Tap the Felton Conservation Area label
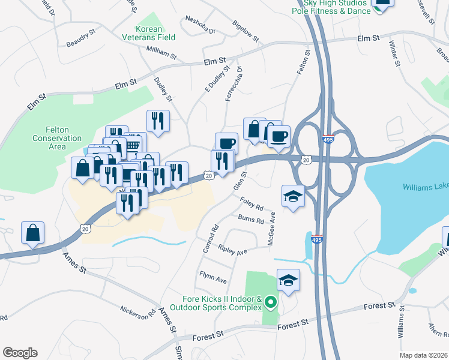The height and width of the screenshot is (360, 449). click(x=57, y=138)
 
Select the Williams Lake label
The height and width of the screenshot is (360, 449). click(x=425, y=187)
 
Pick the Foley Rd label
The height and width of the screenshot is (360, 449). click(x=252, y=203)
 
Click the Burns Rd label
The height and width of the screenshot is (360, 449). click(x=251, y=220)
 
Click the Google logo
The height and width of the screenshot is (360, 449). click(x=20, y=352)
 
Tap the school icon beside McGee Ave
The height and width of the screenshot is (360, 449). click(x=292, y=196)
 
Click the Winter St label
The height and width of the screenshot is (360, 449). click(x=394, y=53)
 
